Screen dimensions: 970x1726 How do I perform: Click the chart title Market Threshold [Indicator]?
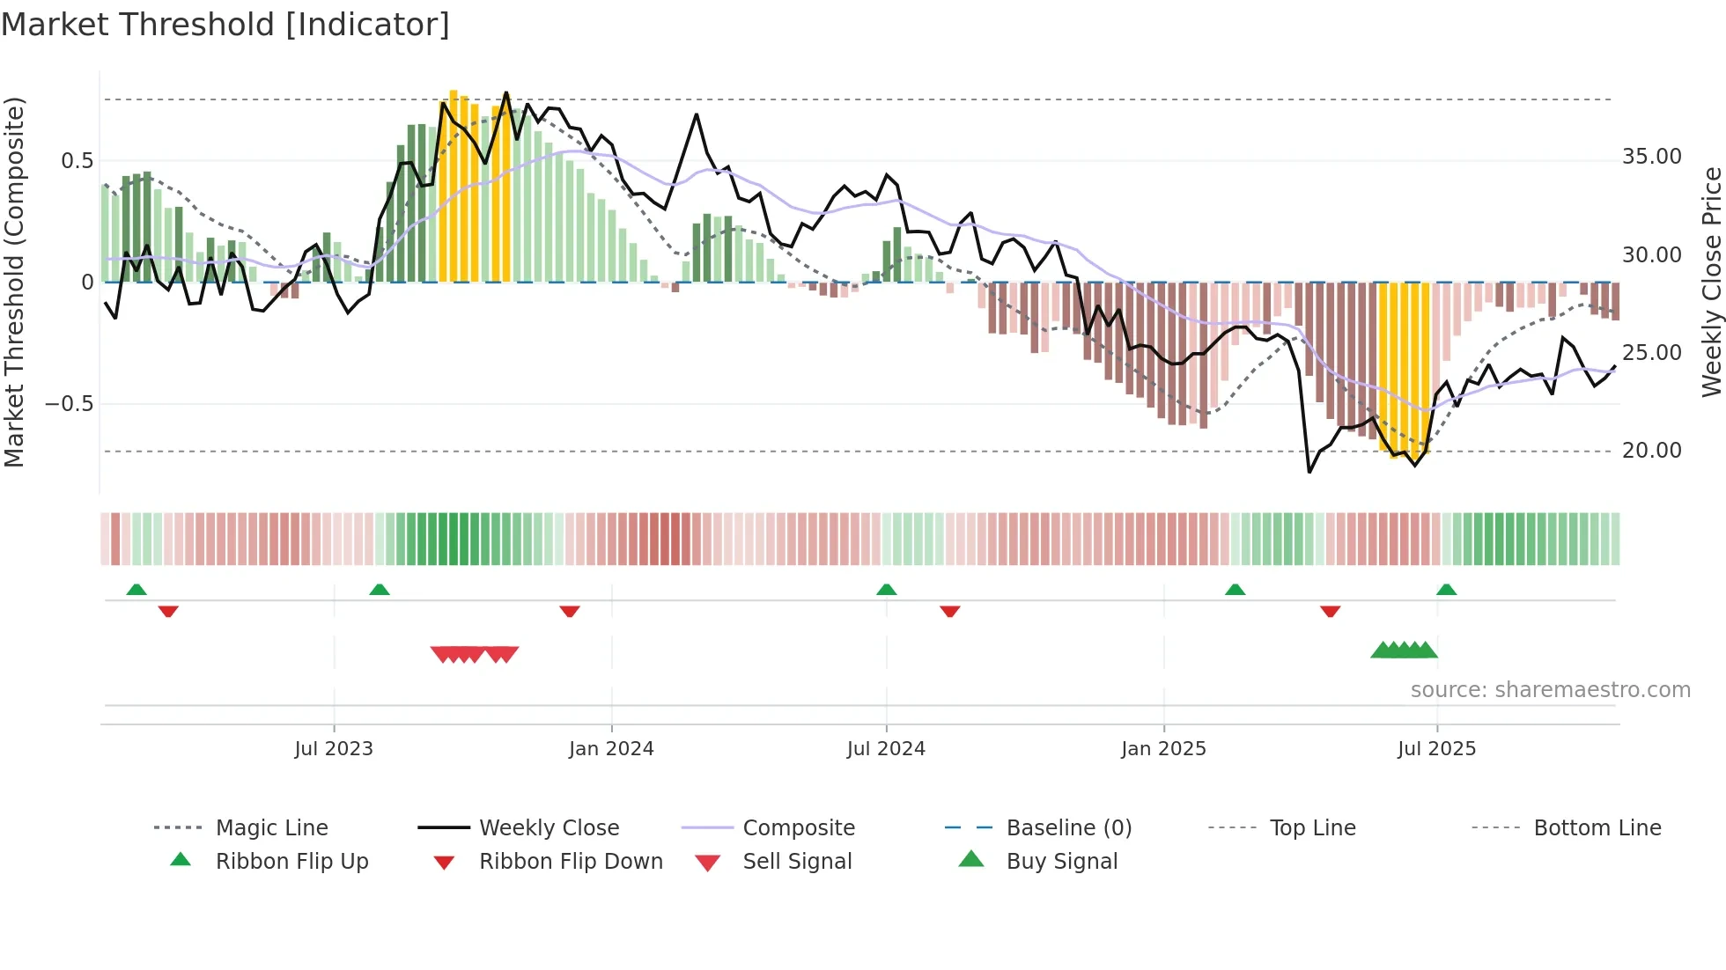pos(225,25)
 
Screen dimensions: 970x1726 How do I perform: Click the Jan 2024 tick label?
pos(611,748)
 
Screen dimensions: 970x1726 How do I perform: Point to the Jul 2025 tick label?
pos(1436,748)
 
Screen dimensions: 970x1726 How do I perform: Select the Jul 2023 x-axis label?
pos(334,748)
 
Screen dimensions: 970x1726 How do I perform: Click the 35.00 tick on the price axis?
pos(1651,157)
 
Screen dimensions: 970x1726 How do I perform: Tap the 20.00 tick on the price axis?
pos(1651,450)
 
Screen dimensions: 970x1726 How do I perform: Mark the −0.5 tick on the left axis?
pos(69,404)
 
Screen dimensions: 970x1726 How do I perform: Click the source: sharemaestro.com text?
pos(1550,689)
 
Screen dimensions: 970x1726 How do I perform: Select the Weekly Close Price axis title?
pos(1711,282)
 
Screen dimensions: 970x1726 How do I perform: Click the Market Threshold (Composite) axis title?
pos(14,282)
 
